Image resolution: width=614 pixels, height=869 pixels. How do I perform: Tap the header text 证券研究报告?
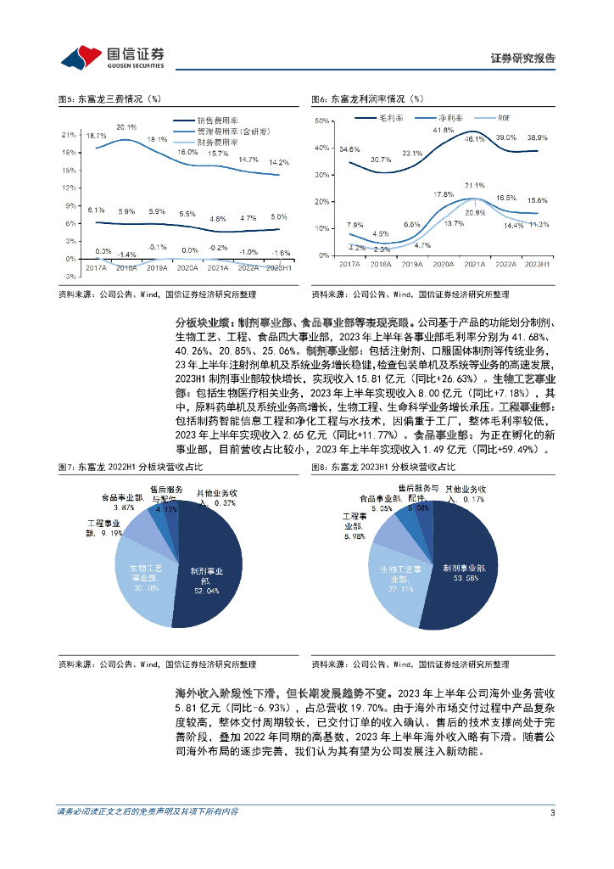click(523, 59)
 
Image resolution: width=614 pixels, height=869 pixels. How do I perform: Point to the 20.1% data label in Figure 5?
click(126, 127)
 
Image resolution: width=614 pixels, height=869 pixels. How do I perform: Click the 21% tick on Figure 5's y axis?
click(70, 135)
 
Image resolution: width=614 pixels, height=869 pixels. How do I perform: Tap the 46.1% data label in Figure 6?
click(474, 138)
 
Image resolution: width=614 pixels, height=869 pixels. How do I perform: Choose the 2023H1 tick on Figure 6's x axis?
click(537, 265)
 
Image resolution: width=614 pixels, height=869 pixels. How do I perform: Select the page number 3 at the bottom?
click(552, 812)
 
